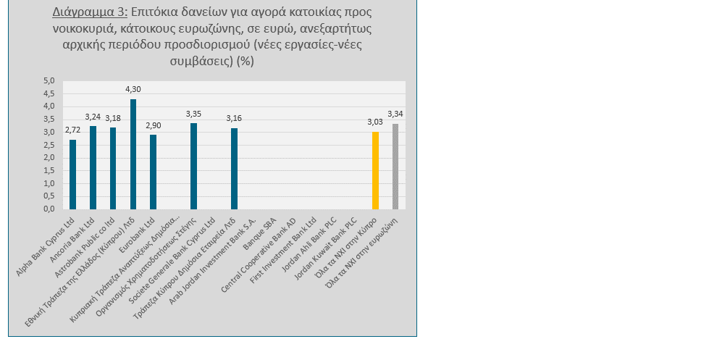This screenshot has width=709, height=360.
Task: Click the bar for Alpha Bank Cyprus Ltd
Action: (x=72, y=175)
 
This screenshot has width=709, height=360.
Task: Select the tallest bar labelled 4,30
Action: (x=133, y=154)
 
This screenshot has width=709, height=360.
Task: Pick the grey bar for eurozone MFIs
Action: (x=395, y=167)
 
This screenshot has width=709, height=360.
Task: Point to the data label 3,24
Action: (x=93, y=117)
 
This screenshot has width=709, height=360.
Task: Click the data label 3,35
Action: (x=193, y=114)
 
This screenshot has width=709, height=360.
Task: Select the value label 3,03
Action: (x=375, y=122)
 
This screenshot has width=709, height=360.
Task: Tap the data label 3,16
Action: (x=234, y=119)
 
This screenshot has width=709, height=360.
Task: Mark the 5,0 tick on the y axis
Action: (x=49, y=80)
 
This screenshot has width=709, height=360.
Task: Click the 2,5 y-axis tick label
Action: (x=49, y=145)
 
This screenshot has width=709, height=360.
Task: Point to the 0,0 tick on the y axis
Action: (x=49, y=209)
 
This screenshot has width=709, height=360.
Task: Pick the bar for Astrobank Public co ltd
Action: (x=113, y=168)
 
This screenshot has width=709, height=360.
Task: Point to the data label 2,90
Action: (x=153, y=126)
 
